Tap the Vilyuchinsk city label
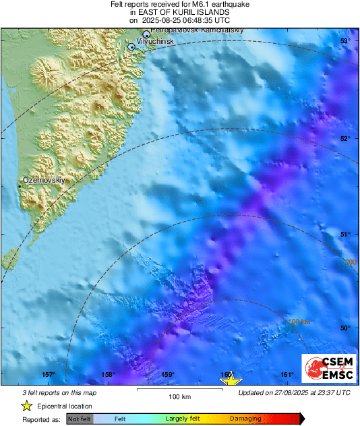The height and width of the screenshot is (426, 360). [x=156, y=41]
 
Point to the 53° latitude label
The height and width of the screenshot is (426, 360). [x=344, y=42]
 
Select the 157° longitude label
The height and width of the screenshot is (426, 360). [x=49, y=375]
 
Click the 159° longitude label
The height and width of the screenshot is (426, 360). [x=168, y=375]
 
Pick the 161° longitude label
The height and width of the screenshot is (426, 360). [x=287, y=375]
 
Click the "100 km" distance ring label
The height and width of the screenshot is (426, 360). [x=298, y=322]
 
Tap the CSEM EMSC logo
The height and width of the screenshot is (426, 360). [x=328, y=371]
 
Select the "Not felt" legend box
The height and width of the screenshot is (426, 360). [x=80, y=419]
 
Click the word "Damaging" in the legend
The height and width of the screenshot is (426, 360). [x=245, y=419]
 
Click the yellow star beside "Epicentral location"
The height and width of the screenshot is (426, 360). [x=27, y=406]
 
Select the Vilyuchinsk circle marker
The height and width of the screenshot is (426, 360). [x=131, y=47]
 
